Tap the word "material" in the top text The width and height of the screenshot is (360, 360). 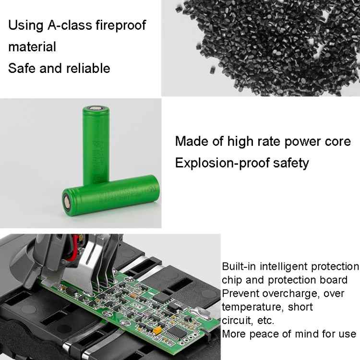(32, 47)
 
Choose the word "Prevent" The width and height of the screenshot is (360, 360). (240, 293)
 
